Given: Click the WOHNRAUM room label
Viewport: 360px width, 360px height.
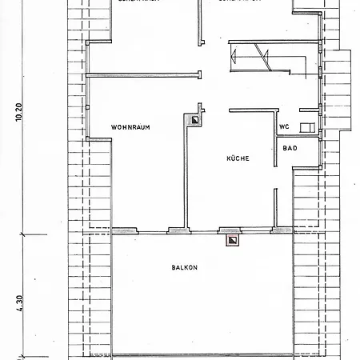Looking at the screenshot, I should [x=131, y=127].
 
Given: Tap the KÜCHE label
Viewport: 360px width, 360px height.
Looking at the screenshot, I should [x=238, y=158].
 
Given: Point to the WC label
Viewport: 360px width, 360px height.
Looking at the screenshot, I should [x=284, y=127].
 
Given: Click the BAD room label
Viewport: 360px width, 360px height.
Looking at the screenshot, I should [x=290, y=148].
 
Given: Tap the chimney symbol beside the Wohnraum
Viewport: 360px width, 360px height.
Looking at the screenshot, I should [x=194, y=121].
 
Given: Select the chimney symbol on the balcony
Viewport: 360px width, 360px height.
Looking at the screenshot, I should [x=232, y=238].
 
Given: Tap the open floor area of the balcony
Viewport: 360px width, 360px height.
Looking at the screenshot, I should [x=183, y=304].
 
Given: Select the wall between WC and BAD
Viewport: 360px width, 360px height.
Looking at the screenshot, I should [x=298, y=138].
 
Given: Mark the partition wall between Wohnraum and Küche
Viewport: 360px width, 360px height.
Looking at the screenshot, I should [x=186, y=176].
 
